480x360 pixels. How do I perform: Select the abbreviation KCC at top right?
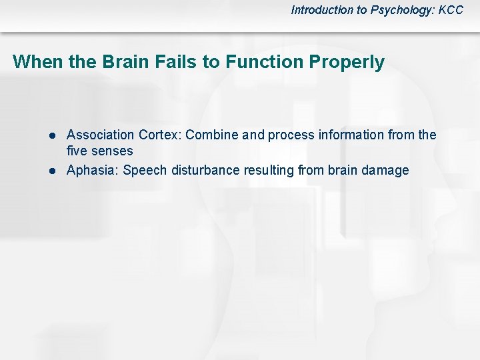click(x=450, y=10)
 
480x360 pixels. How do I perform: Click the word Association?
click(x=101, y=135)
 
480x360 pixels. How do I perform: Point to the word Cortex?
click(x=160, y=135)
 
